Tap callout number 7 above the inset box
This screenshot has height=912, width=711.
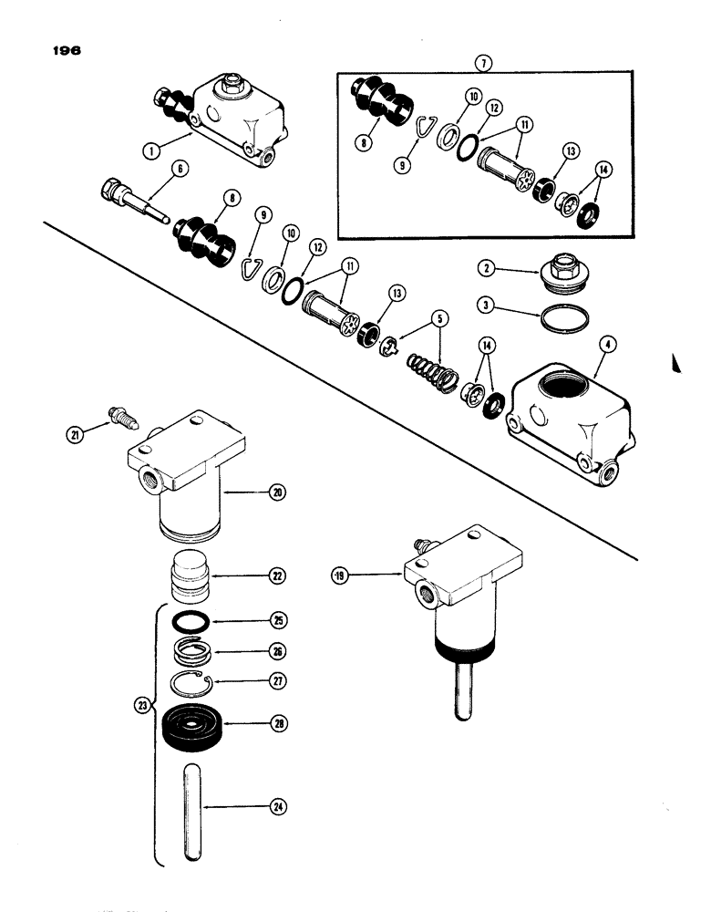point(483,62)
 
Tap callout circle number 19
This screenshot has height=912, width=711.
point(343,576)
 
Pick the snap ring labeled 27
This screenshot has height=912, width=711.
point(194,685)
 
